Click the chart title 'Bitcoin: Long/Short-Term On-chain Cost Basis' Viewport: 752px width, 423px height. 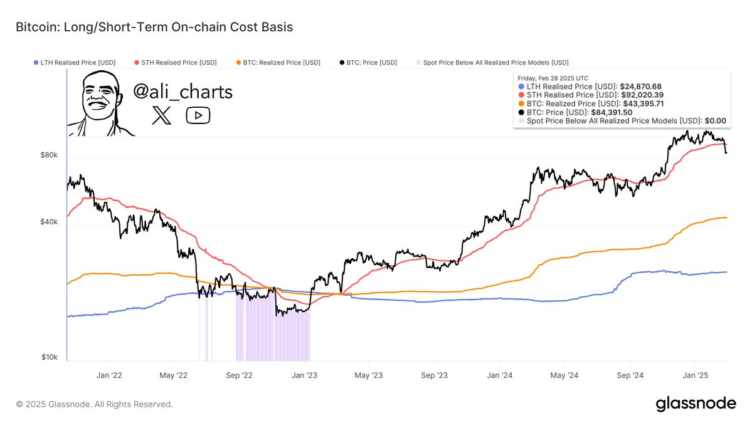tap(154, 28)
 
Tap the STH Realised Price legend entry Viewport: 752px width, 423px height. tap(176, 63)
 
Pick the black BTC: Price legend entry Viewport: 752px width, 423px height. tap(368, 63)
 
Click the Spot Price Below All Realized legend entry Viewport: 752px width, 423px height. tap(492, 63)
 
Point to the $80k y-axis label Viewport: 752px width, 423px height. tap(50, 155)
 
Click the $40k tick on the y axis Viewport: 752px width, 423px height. tap(50, 222)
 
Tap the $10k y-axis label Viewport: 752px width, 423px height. tap(50, 357)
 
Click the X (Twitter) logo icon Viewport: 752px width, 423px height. tap(161, 115)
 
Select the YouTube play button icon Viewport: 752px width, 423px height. tap(198, 115)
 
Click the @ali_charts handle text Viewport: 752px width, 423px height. tap(183, 91)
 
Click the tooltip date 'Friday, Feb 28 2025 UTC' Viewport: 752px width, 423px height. tap(553, 78)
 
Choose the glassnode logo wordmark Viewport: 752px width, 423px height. tap(696, 404)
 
